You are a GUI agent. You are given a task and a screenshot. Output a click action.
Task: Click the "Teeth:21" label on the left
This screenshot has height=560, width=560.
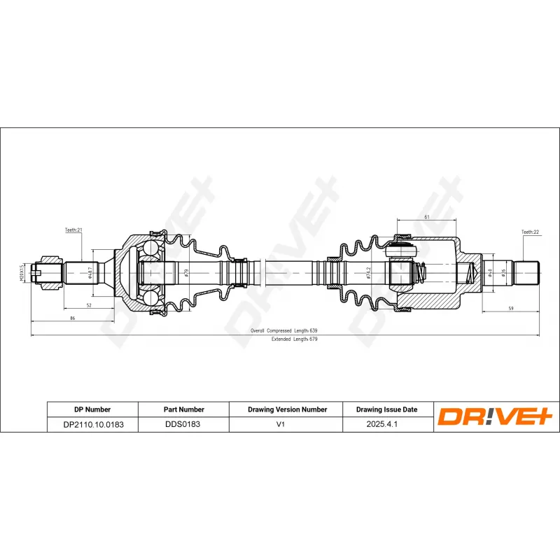(x=74, y=230)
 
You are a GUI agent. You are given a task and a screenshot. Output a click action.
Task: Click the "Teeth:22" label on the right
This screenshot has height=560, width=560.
(x=531, y=232)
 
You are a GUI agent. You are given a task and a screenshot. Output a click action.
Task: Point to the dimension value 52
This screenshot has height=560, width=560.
(x=89, y=305)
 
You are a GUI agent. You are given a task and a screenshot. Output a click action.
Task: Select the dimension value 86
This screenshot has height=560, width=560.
(x=73, y=318)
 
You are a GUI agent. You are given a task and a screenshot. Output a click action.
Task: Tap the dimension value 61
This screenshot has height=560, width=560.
(x=427, y=218)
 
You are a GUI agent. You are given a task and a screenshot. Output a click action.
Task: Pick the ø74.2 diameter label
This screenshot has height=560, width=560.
(x=368, y=272)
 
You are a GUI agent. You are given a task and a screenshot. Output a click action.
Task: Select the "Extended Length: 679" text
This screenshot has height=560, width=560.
(x=294, y=339)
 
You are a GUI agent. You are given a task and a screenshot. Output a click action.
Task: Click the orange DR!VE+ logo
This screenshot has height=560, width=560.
(x=496, y=417)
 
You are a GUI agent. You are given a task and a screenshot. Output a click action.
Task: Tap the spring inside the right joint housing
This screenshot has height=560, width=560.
(x=421, y=272)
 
